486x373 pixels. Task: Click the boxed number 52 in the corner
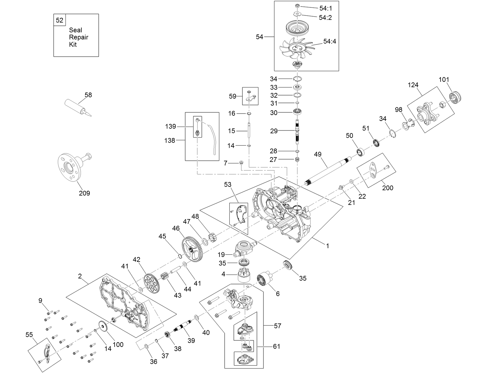[60, 20]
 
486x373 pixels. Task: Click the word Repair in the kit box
[79, 37]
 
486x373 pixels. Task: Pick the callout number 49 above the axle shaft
[318, 154]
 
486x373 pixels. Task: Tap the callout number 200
[388, 188]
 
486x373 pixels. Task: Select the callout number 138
[170, 140]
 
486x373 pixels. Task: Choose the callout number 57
[277, 326]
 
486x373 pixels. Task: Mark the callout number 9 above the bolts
[40, 301]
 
